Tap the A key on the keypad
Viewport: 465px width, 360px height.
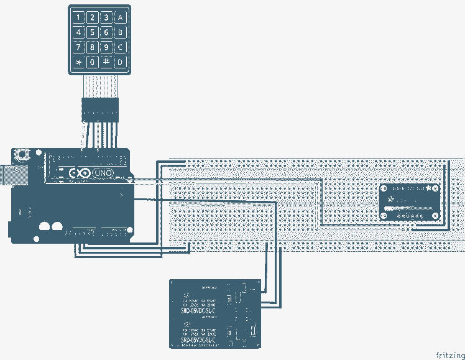(121, 17)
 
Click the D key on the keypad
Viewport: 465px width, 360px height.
(121, 62)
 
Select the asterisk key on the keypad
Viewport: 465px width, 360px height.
(78, 62)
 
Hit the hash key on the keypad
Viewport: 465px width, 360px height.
(106, 62)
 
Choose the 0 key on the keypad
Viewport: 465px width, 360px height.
(92, 62)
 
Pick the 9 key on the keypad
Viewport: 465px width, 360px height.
(106, 47)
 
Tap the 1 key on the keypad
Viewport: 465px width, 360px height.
(78, 17)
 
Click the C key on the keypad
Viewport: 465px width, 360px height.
(121, 47)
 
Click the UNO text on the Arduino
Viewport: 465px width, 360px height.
(103, 173)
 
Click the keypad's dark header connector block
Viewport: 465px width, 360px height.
(99, 109)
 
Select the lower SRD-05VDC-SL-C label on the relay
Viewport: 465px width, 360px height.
(198, 341)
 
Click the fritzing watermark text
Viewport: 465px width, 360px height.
(449, 355)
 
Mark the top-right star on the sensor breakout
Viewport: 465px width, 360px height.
(430, 188)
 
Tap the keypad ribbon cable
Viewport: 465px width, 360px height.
(99, 85)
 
